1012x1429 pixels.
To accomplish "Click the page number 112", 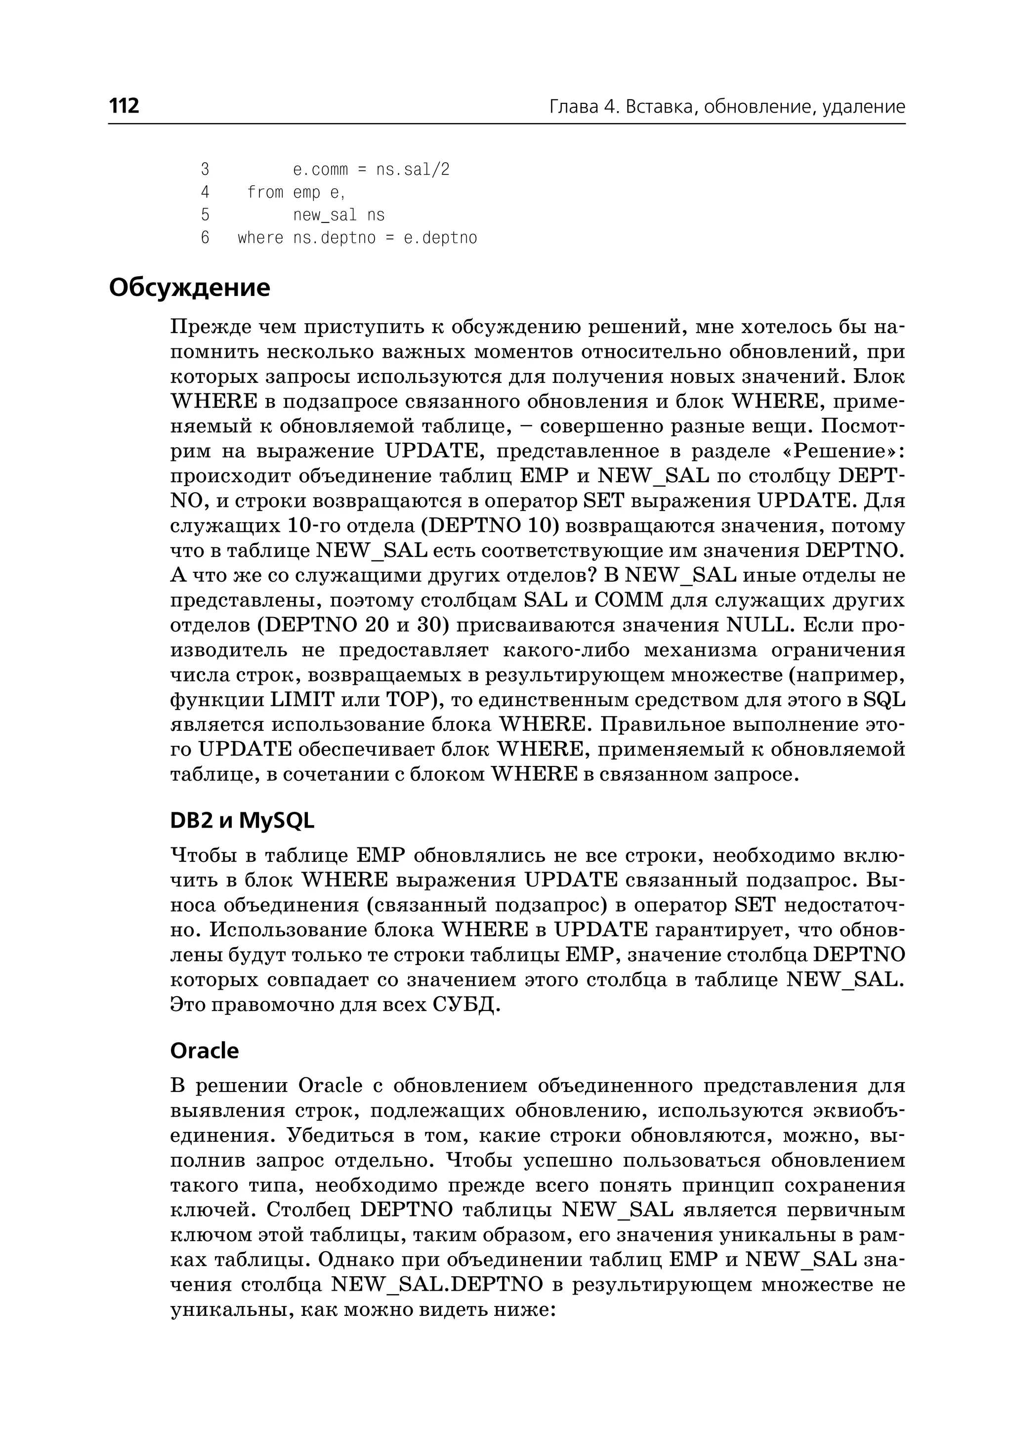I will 124,106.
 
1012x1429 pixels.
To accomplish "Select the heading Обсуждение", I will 189,288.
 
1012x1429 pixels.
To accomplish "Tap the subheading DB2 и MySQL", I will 242,821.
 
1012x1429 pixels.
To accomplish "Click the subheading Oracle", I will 205,1051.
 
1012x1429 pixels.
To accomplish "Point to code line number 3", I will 205,169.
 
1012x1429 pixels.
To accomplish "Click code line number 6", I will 205,238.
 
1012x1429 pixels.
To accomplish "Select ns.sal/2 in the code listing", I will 413,169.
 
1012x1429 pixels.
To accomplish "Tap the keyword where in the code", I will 260,238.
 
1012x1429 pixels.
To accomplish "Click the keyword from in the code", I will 265,193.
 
